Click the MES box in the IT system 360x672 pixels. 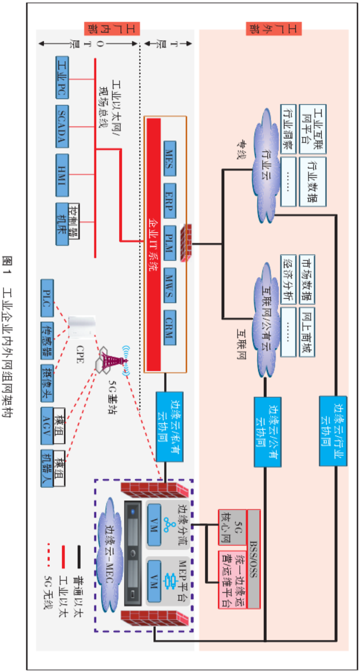pos(169,156)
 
